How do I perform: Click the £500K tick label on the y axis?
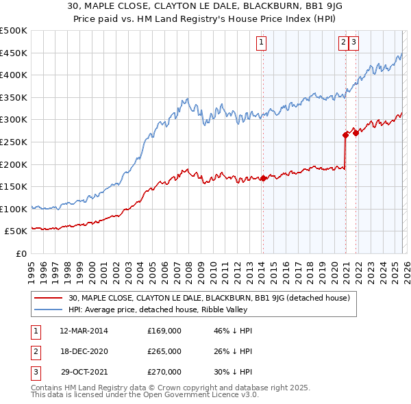[x=14, y=31]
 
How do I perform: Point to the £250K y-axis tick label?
[x=14, y=142]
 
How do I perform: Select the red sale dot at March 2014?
[x=263, y=178]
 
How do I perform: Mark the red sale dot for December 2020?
[x=346, y=136]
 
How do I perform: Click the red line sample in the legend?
[x=49, y=298]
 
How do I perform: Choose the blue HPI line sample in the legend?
[x=49, y=310]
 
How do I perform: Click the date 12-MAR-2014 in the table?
[x=84, y=331]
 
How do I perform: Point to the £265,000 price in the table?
[x=164, y=351]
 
